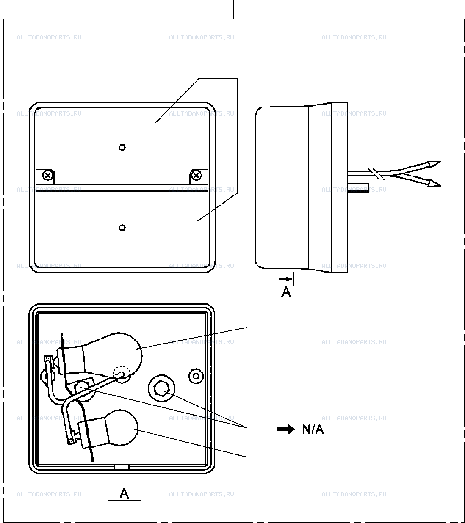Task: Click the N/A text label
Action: pyautogui.click(x=313, y=429)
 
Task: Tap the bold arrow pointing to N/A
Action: pyautogui.click(x=286, y=429)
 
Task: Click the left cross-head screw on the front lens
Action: pyautogui.click(x=47, y=176)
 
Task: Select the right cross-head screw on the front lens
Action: pyautogui.click(x=197, y=176)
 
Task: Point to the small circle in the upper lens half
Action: pyautogui.click(x=122, y=147)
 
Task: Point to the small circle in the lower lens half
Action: pyautogui.click(x=122, y=228)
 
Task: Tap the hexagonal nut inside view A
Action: pyautogui.click(x=161, y=388)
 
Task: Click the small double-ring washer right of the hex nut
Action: pyautogui.click(x=196, y=376)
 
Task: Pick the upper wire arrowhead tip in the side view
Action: pyautogui.click(x=441, y=162)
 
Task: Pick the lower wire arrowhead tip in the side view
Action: pyautogui.click(x=441, y=186)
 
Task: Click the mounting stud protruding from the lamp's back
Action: pyautogui.click(x=358, y=188)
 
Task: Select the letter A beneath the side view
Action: pyautogui.click(x=286, y=292)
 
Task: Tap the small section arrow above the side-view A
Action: pyautogui.click(x=285, y=279)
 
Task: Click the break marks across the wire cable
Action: pyautogui.click(x=376, y=173)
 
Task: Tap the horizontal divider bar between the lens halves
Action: pyautogui.click(x=122, y=188)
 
